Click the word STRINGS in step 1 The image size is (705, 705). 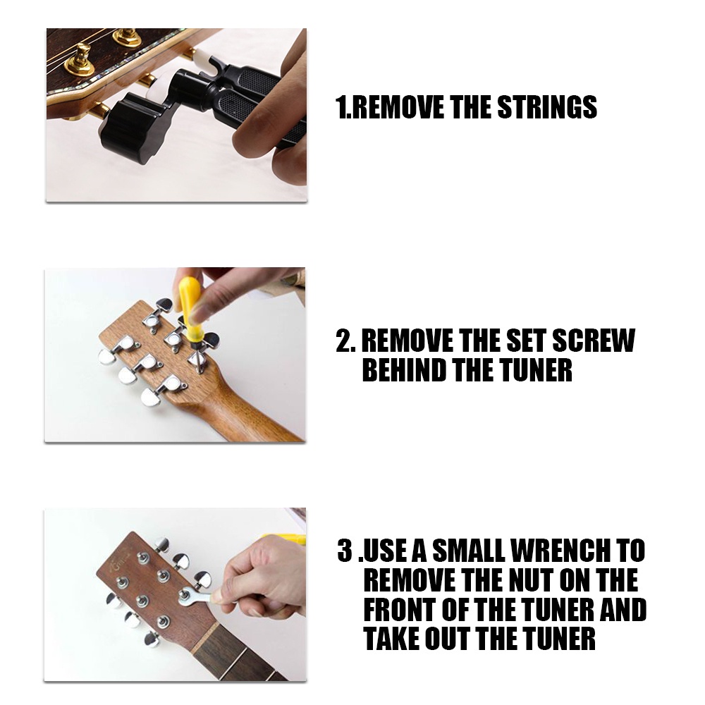[547, 107]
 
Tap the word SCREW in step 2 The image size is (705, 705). [593, 341]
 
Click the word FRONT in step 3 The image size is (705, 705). [400, 609]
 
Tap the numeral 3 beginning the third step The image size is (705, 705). [345, 551]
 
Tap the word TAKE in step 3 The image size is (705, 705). [391, 639]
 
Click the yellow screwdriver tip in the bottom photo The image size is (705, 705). [284, 538]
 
